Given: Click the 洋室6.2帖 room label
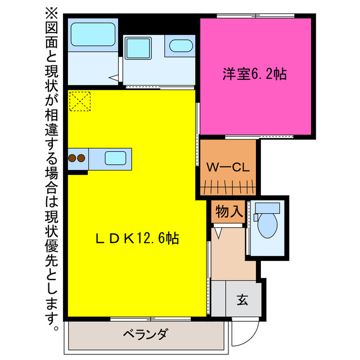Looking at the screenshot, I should coord(255,74).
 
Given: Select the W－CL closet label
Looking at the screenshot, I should coord(228,167).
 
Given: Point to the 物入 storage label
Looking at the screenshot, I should coord(229,213).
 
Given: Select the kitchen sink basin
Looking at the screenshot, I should coord(115,158).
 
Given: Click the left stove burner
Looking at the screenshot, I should coord(73,158).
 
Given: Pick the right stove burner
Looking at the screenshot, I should coord(81,158).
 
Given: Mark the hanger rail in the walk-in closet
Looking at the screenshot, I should coord(228,186).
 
